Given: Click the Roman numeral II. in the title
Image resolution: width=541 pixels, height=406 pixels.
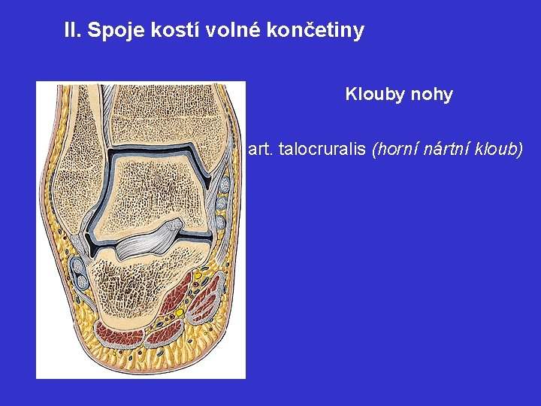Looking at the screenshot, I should tap(73, 31).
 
